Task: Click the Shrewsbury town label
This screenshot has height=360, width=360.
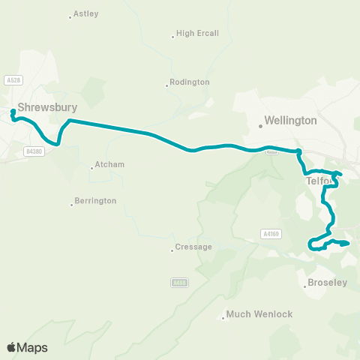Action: [x=48, y=107]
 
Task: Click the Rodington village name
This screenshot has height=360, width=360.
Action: [x=189, y=82]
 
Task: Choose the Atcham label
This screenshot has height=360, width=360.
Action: [x=110, y=165]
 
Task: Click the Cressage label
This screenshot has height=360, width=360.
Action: [x=193, y=247]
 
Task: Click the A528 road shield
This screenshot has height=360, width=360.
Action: [x=11, y=80]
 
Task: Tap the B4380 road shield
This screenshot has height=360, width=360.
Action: [x=33, y=151]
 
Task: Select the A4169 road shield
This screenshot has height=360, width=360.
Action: [x=271, y=234]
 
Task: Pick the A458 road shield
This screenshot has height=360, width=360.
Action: [x=178, y=283]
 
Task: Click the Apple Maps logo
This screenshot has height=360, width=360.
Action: [x=27, y=347]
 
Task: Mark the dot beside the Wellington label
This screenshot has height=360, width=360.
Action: [x=261, y=125]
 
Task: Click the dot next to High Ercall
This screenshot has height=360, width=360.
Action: [x=172, y=34]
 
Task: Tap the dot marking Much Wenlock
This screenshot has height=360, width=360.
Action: [x=223, y=318]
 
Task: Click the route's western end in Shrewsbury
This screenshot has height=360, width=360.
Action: [x=13, y=113]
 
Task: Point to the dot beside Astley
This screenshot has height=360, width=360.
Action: [x=70, y=16]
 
